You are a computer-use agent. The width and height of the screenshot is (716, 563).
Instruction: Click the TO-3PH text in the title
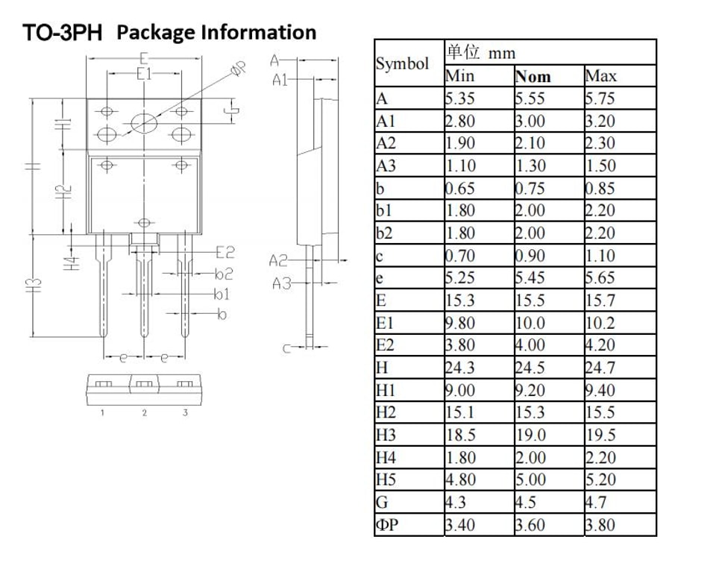(x=62, y=33)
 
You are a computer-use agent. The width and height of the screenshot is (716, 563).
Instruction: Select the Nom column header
(x=533, y=76)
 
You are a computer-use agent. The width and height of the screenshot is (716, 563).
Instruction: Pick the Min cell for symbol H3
(x=461, y=435)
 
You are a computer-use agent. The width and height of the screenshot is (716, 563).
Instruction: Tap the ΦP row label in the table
(x=387, y=525)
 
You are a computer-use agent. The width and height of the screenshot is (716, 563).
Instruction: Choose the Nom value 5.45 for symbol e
(x=530, y=278)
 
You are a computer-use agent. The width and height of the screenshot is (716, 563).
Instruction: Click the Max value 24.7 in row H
(x=600, y=368)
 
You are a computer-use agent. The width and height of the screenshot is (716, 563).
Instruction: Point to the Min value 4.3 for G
(x=456, y=503)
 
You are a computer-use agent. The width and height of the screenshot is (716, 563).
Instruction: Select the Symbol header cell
(x=402, y=63)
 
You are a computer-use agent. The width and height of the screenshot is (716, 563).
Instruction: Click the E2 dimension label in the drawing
(x=225, y=252)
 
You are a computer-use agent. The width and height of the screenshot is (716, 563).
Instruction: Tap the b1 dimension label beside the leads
(x=222, y=294)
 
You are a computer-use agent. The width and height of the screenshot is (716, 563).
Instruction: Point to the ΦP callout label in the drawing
(x=239, y=69)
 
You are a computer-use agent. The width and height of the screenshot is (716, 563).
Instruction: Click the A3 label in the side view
(x=281, y=283)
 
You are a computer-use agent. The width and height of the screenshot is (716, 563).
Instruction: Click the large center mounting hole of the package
(x=144, y=123)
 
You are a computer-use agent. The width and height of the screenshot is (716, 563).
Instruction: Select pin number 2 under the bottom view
(x=144, y=413)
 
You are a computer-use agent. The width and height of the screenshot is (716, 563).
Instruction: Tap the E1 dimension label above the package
(x=144, y=74)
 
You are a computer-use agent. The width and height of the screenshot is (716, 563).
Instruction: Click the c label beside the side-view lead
(x=286, y=349)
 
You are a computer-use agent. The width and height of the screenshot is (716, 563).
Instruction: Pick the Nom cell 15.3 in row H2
(x=530, y=413)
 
